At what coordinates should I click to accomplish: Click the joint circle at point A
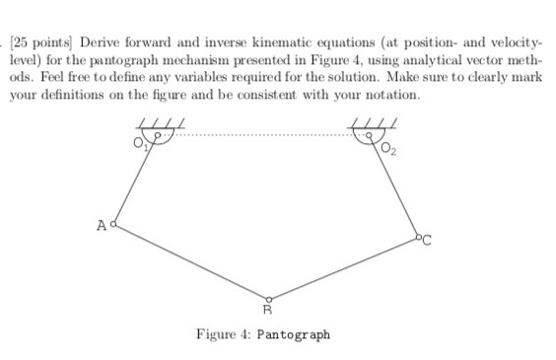(116, 225)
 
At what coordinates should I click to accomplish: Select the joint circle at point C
(417, 237)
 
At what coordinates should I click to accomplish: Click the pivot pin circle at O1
(156, 135)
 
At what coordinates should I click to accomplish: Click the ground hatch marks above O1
(158, 123)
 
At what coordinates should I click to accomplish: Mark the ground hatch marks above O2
(380, 123)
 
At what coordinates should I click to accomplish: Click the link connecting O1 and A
(136, 180)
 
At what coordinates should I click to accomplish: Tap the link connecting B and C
(343, 268)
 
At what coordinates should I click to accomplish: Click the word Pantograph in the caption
(293, 334)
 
